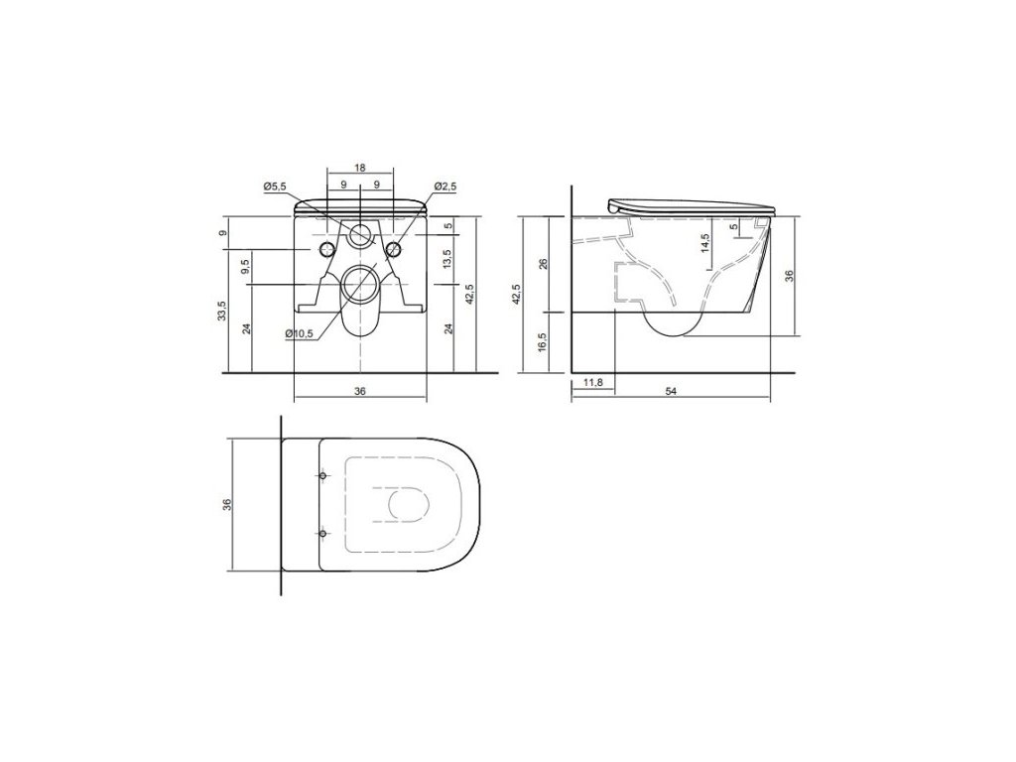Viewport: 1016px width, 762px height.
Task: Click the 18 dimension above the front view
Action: tap(360, 168)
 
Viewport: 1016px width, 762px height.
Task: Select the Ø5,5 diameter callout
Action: tap(275, 187)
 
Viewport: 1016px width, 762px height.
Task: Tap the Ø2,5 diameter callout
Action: tap(445, 187)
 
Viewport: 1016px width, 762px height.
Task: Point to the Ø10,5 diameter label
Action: tap(299, 333)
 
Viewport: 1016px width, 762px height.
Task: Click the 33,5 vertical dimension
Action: tap(222, 311)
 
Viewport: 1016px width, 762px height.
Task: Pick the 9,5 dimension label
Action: tap(246, 267)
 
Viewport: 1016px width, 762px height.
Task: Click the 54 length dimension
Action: tap(672, 391)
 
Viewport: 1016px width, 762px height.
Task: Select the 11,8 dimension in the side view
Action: tap(593, 382)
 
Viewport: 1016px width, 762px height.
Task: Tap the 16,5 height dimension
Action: tap(543, 341)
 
